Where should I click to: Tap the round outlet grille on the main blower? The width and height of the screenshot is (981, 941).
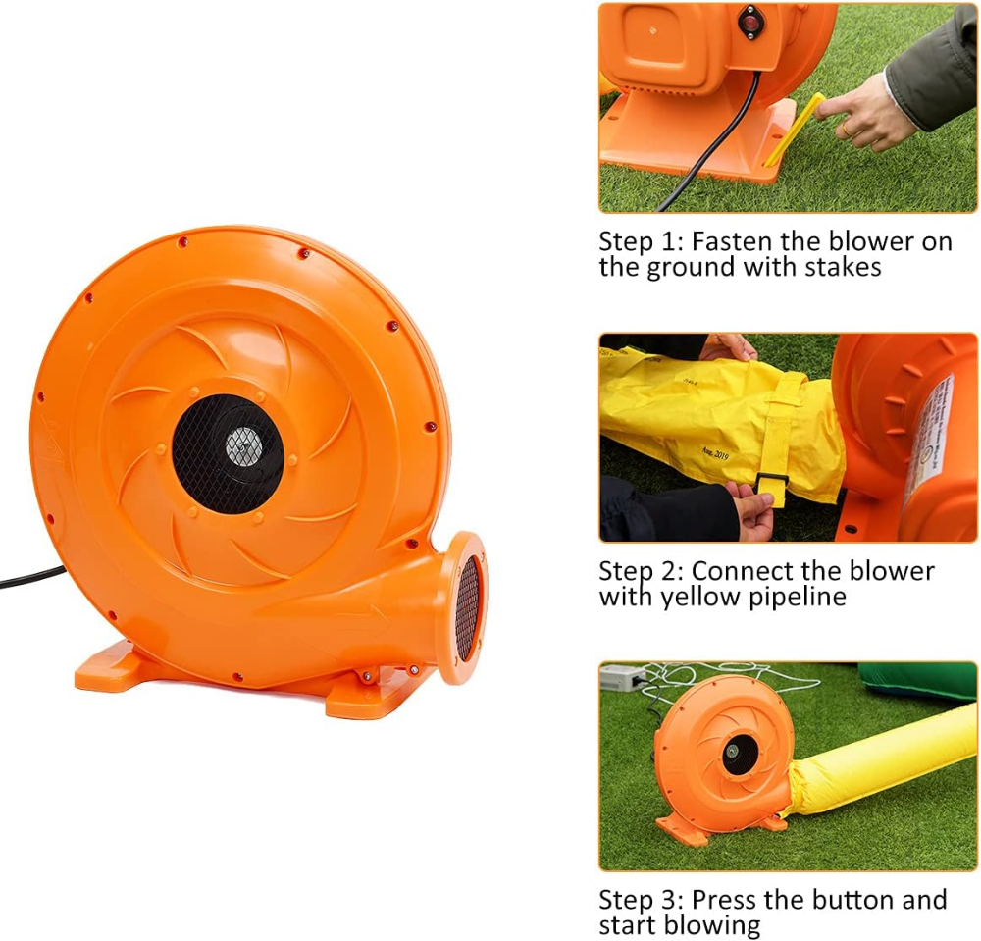click(467, 607)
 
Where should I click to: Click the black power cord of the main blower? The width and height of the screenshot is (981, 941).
click(31, 578)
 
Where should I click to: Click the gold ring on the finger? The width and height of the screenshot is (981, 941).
click(846, 129)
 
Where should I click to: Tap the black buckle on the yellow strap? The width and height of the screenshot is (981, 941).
click(769, 483)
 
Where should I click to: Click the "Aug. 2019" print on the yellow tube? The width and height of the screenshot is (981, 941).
click(715, 452)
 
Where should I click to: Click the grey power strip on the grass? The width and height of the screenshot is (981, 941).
click(623, 678)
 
